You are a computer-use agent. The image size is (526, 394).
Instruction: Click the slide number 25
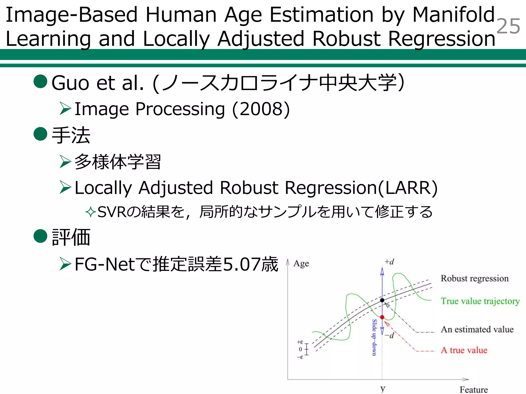click(x=508, y=26)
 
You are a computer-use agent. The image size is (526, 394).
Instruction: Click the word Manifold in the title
click(x=454, y=15)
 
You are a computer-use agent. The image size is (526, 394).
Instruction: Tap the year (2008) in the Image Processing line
click(x=261, y=109)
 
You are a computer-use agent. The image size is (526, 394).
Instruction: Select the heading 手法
click(x=71, y=135)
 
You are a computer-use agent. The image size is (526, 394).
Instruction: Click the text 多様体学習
click(x=118, y=162)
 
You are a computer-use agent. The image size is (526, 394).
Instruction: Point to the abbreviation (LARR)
click(x=408, y=188)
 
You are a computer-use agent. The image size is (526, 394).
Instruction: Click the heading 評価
click(x=71, y=237)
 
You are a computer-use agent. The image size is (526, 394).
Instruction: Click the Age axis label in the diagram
click(x=301, y=263)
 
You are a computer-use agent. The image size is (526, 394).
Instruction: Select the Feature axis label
click(x=473, y=389)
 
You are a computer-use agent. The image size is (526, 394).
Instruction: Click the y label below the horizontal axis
click(x=383, y=388)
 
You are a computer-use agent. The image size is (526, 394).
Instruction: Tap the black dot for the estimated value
click(x=382, y=300)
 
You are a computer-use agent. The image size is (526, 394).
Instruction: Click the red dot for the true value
click(x=382, y=317)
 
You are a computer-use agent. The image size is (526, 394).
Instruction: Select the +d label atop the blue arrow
click(x=389, y=262)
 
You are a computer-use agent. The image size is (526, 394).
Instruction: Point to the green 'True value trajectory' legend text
click(x=480, y=301)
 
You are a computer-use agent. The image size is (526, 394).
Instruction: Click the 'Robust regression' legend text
click(x=474, y=278)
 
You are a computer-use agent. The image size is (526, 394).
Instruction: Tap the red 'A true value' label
click(x=464, y=350)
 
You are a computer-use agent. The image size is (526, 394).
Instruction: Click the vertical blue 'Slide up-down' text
click(x=374, y=337)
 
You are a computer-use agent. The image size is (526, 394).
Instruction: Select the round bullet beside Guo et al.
click(x=41, y=82)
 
